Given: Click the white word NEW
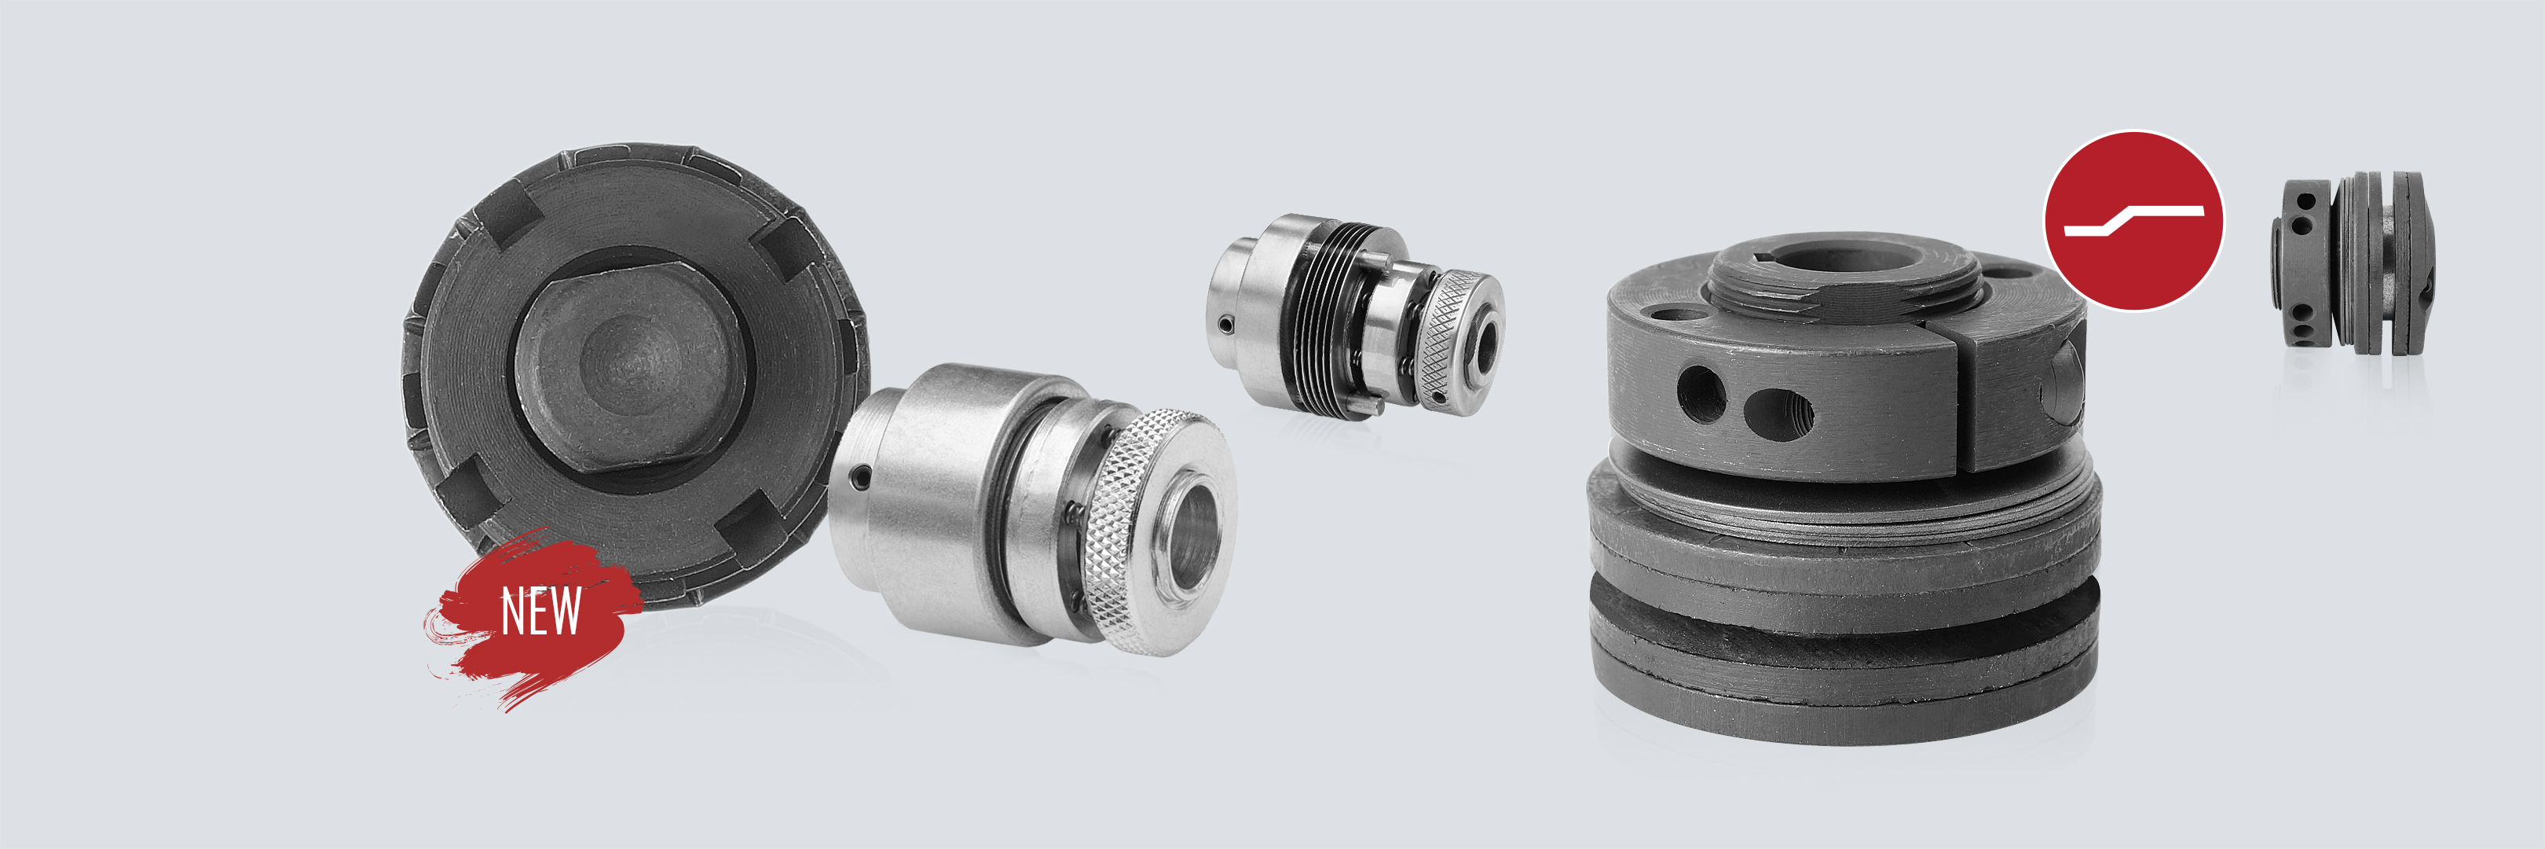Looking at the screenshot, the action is click(x=540, y=611).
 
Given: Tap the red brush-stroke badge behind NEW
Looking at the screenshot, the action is click(x=533, y=618).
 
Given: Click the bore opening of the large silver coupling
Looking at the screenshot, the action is click(x=1193, y=533).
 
